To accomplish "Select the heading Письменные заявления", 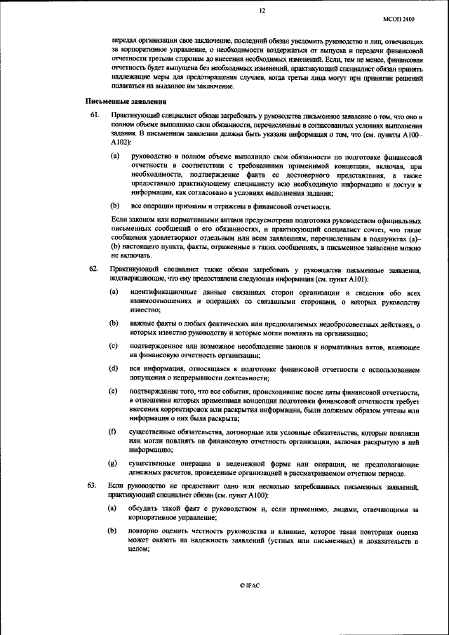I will tap(116, 102).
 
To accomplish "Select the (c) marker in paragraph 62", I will tap(114, 347).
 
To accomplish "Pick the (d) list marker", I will tap(114, 368).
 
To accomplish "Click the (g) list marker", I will tap(114, 464).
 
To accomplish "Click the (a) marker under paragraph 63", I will tap(114, 508).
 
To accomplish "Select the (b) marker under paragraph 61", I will tap(114, 206).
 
